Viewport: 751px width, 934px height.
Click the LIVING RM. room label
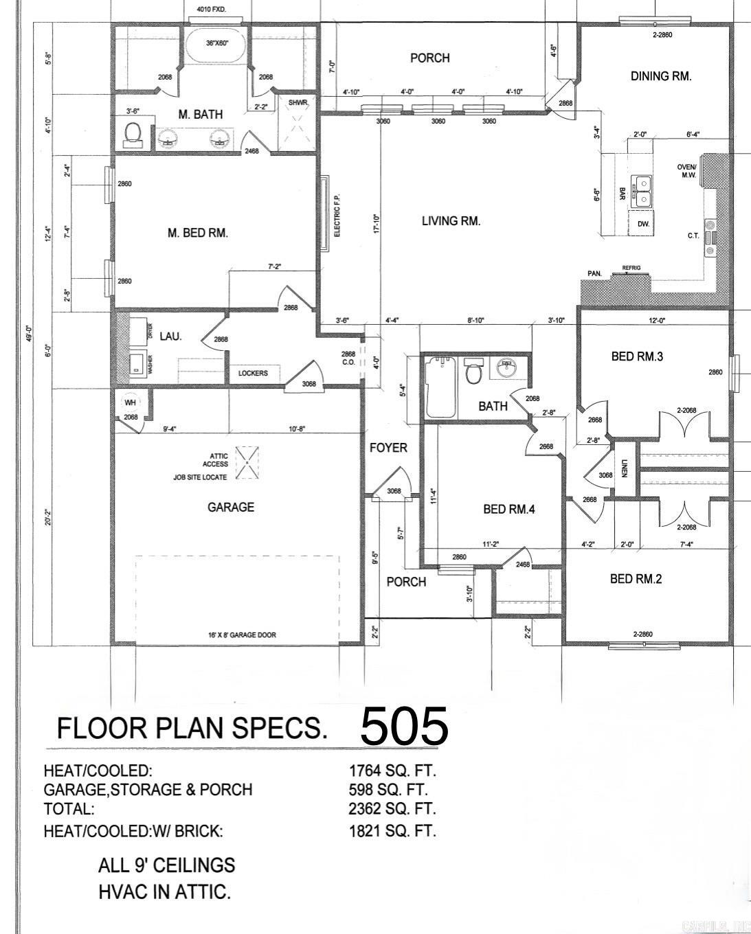pos(451,220)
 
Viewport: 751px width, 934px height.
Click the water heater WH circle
pos(131,403)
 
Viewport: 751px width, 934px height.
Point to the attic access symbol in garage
pos(247,462)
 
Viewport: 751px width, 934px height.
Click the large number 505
pos(404,727)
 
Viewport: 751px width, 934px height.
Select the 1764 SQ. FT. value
pos(392,771)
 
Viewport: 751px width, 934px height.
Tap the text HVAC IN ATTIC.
pos(164,892)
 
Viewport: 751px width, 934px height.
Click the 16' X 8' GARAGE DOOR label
pos(242,635)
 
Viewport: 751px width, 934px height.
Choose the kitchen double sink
pos(643,192)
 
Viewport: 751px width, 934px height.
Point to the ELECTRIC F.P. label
pos(337,215)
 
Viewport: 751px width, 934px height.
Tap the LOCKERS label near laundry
pos(253,373)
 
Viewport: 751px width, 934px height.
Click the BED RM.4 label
pos(508,509)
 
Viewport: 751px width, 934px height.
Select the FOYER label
pos(388,448)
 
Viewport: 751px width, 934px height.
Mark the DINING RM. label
pos(660,76)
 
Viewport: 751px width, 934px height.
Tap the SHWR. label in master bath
pos(298,103)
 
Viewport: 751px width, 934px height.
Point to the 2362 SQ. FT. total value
pos(392,808)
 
